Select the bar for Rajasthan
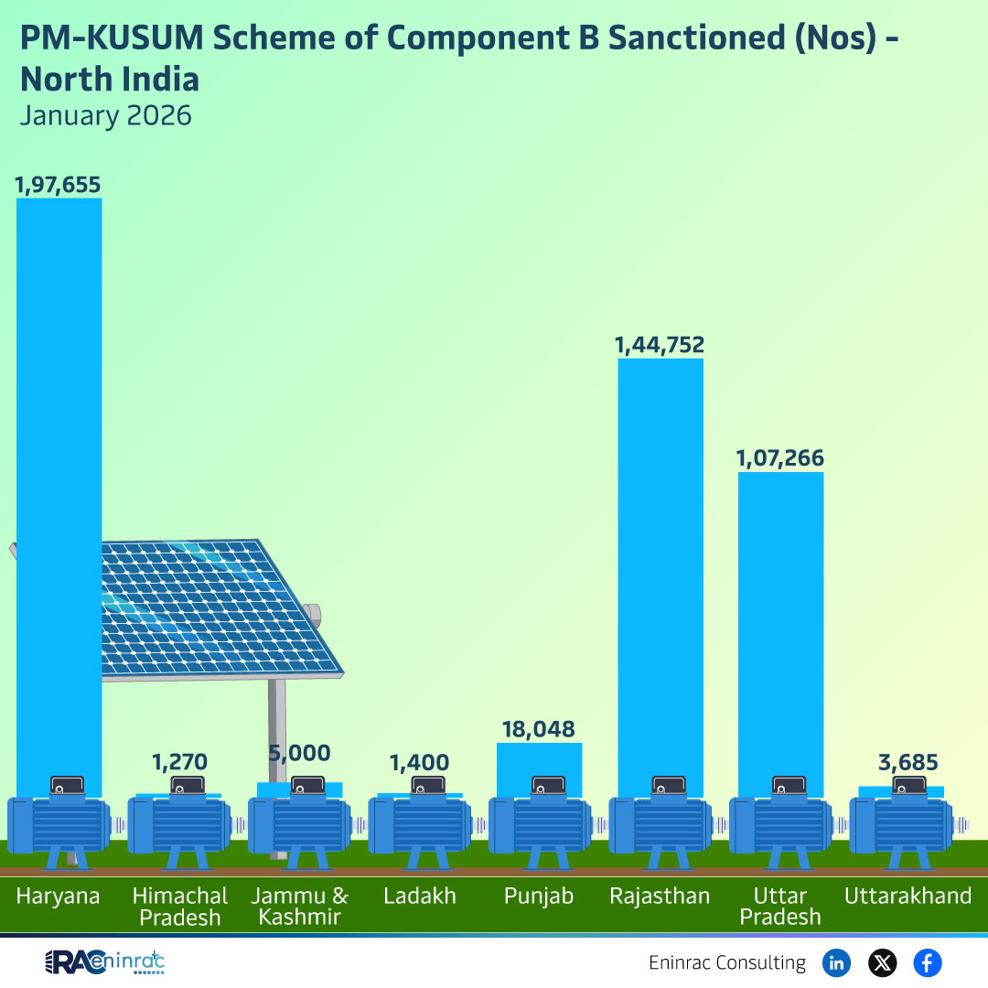point(660,567)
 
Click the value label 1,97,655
point(58,184)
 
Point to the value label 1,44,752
point(660,345)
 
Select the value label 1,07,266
point(780,458)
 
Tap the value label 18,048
point(539,729)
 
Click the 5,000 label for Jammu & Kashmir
point(299,754)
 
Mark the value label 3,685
point(901,762)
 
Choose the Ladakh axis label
point(420,896)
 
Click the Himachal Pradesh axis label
point(179,906)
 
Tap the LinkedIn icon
point(836,962)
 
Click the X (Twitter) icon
point(882,962)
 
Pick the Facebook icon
point(928,962)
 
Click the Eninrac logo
point(104,962)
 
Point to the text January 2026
point(106,116)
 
